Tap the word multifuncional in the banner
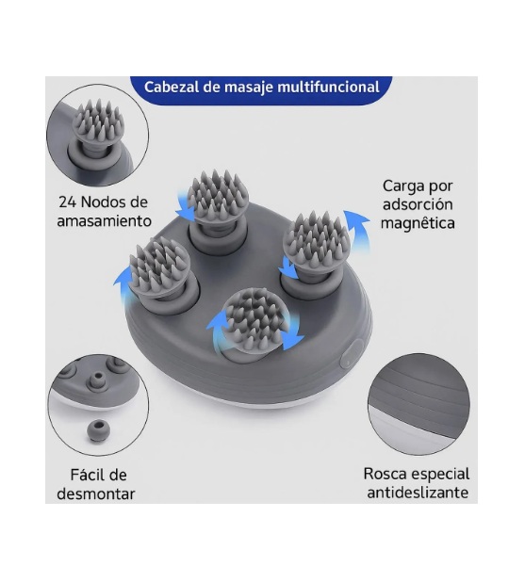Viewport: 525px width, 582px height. pos(328,87)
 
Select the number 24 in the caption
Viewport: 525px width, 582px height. pos(67,202)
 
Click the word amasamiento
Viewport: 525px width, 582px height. pos(105,221)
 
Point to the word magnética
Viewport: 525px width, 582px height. pos(418,223)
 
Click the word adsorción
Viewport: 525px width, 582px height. pos(418,204)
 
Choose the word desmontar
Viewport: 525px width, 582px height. pos(96,494)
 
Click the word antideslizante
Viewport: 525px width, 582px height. pos(418,493)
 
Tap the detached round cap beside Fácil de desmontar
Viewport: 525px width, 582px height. pos(98,430)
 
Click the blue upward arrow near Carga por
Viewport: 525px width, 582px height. pos(356,230)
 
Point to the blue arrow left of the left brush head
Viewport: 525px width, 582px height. pos(123,284)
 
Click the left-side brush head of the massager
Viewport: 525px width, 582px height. pos(160,267)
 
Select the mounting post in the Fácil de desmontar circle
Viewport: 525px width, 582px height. pos(97,382)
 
